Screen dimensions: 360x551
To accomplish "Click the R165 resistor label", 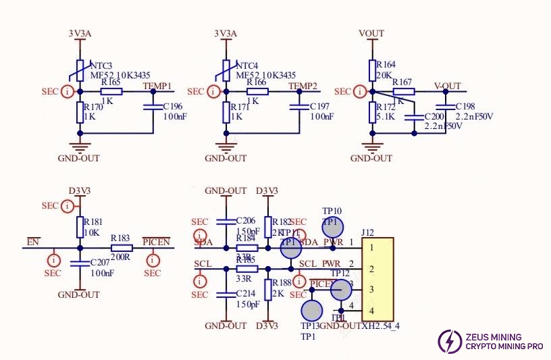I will [111, 82].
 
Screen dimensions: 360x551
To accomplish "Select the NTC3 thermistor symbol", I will [80, 70].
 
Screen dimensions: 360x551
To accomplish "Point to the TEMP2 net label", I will [303, 86].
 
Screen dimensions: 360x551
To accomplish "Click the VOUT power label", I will [371, 33].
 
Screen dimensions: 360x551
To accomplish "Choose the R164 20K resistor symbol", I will [371, 70].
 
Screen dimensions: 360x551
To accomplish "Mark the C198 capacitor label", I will [465, 106].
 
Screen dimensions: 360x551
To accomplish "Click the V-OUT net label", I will [447, 86].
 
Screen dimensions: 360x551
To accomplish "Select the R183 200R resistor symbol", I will [122, 248].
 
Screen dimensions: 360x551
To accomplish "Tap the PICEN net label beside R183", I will [156, 241].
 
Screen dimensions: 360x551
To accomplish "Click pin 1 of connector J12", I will [371, 248].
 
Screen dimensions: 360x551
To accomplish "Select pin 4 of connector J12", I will [371, 311].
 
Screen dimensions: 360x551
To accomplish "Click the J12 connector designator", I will [369, 233].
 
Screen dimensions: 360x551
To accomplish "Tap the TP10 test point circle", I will [333, 228].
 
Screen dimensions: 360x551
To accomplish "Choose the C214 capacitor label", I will [247, 294].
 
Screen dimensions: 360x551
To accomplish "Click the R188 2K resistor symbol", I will [268, 290].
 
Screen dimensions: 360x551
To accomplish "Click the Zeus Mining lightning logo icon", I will [450, 341].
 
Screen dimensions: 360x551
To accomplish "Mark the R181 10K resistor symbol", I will [80, 226].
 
